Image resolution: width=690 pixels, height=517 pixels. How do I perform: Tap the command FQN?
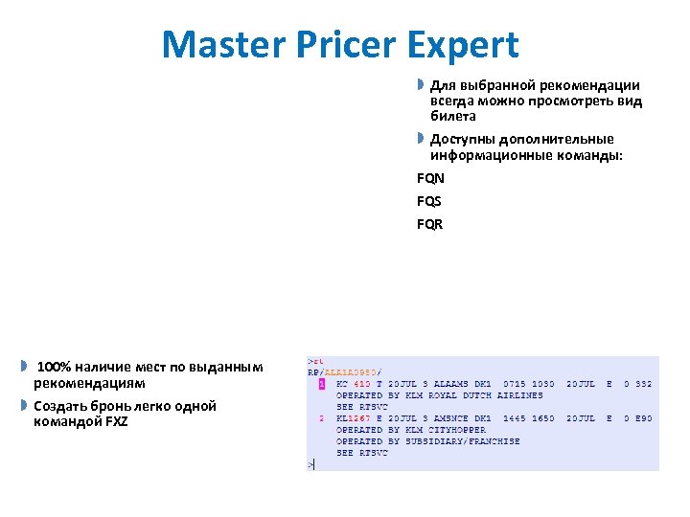click(430, 178)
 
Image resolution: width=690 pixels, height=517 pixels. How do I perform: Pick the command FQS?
click(429, 201)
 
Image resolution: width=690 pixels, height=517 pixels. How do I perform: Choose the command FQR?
click(430, 225)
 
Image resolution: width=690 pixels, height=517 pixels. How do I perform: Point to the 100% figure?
click(54, 367)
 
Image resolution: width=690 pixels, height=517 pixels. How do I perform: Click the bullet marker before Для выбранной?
click(420, 85)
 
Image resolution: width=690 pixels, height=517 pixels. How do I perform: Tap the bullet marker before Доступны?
click(420, 139)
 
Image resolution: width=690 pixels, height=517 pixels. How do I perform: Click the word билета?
click(452, 116)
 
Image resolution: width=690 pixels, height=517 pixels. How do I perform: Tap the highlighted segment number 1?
click(322, 384)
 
